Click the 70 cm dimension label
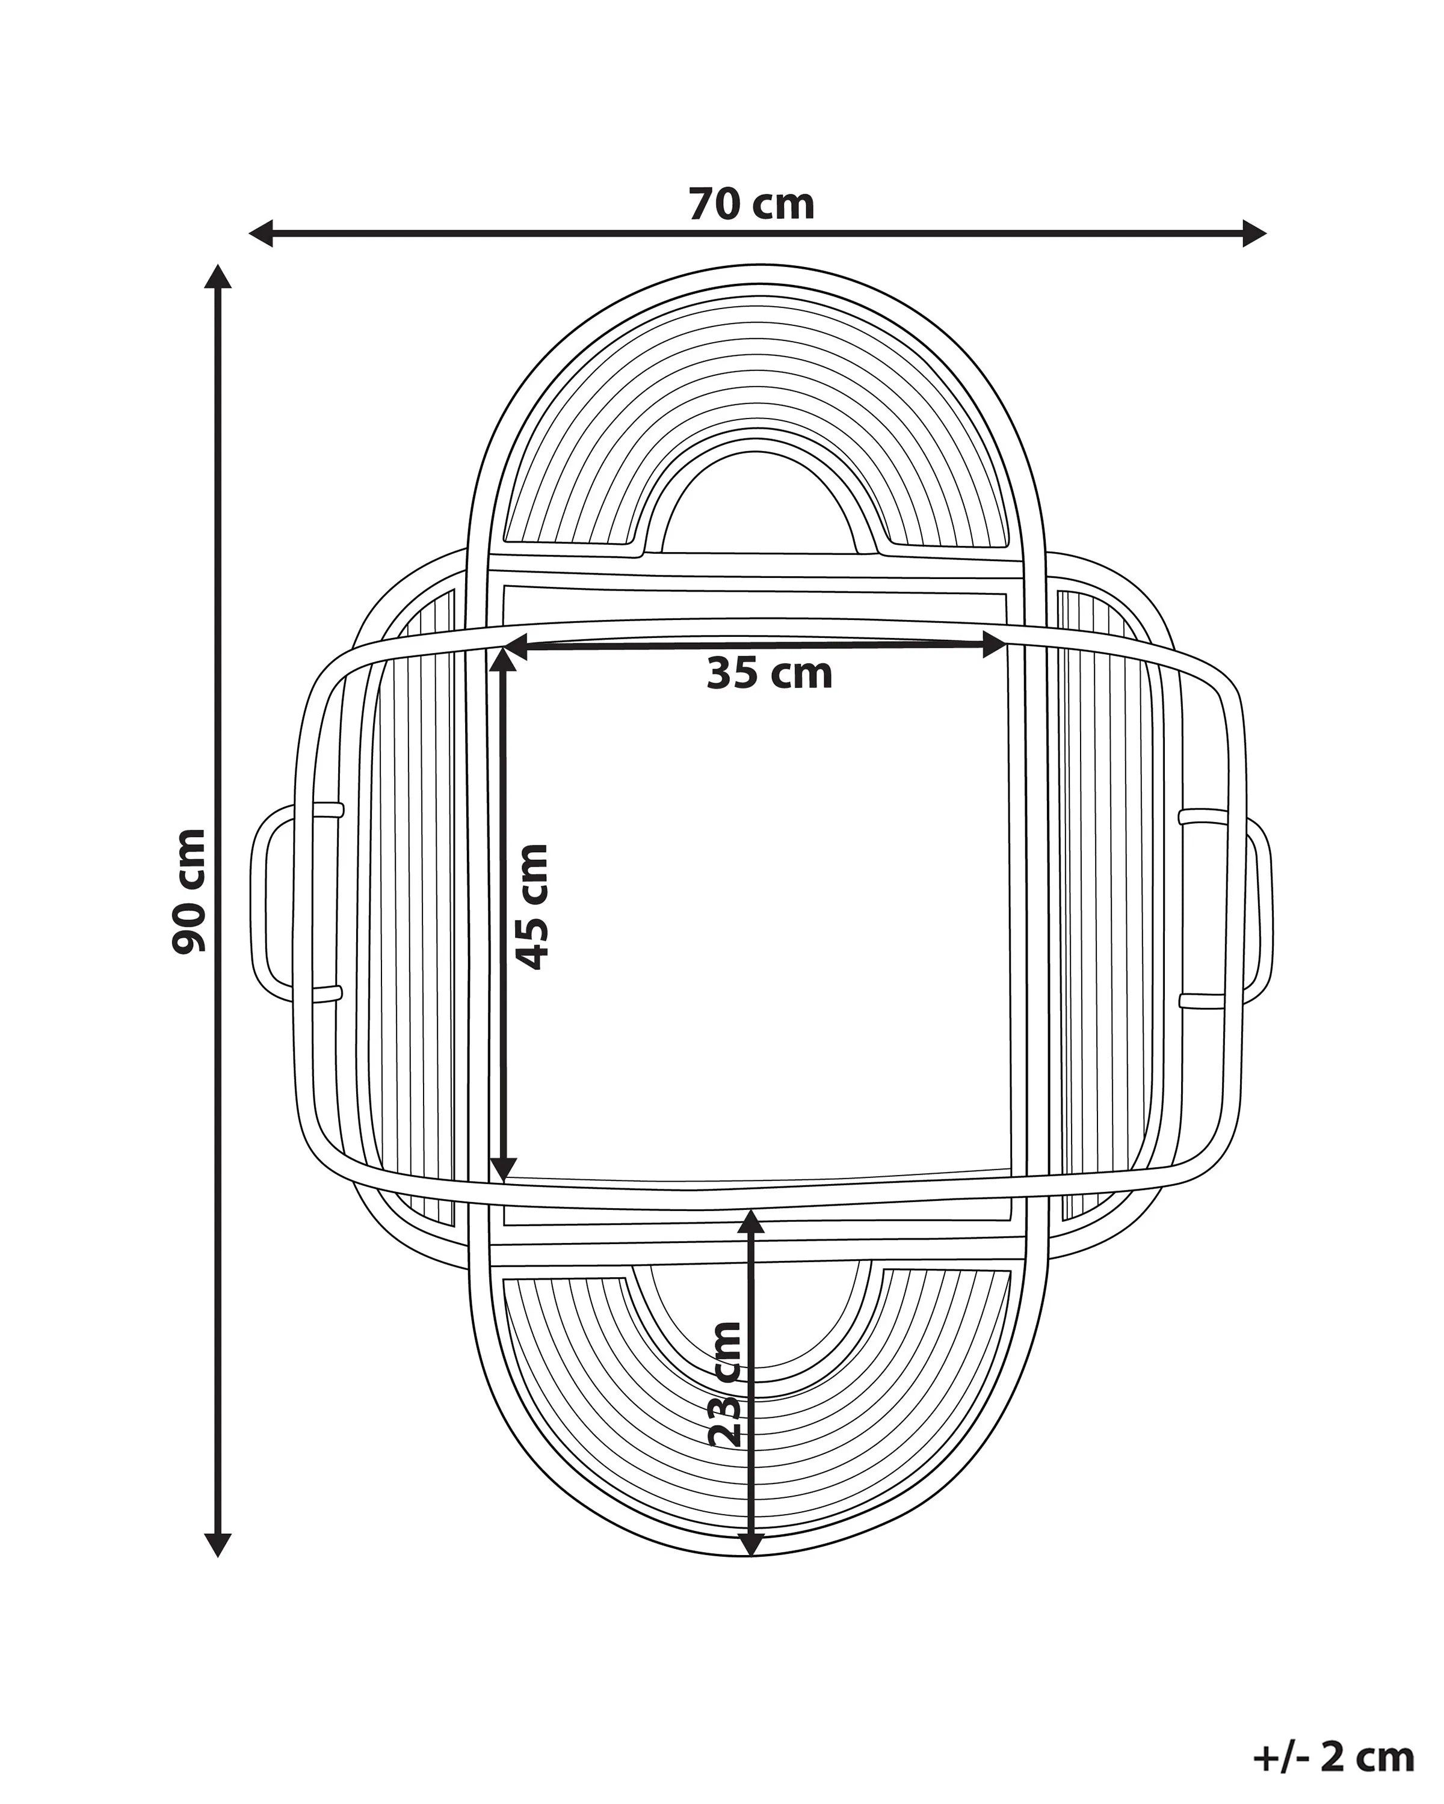tap(751, 205)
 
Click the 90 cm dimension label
tap(188, 891)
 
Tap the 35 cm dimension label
tap(770, 673)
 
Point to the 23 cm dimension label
tap(725, 1396)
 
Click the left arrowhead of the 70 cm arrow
tap(262, 233)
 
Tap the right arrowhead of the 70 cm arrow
tap(1253, 233)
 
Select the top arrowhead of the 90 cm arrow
tap(218, 277)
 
